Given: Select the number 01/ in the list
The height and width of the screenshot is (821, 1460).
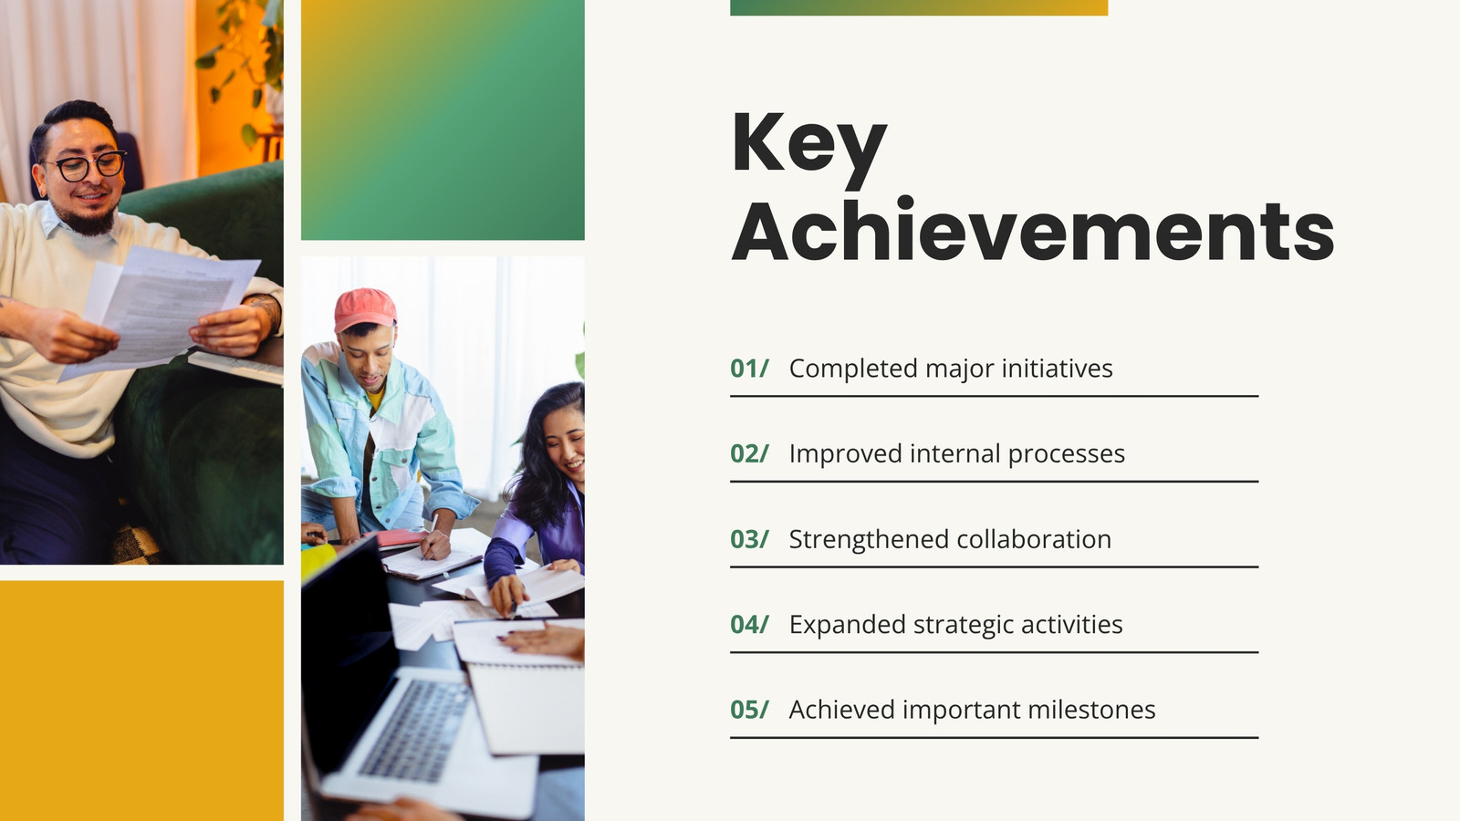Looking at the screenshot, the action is [749, 369].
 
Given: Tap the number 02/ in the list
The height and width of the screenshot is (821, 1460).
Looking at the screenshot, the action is [749, 454].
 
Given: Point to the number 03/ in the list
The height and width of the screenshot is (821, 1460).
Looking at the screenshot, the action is [749, 539].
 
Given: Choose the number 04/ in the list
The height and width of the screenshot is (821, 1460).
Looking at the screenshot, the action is [749, 625].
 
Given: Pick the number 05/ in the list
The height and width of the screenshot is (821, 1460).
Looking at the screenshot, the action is [749, 711].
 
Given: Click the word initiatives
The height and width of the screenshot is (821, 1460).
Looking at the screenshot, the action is [1057, 369].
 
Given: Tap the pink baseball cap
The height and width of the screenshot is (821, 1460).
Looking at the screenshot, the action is [364, 309].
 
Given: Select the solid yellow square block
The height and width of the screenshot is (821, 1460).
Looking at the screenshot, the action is [141, 701].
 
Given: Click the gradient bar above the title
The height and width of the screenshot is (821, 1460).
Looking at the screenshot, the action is [919, 8].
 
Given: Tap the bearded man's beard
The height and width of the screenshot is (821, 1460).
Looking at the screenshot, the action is [90, 219].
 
